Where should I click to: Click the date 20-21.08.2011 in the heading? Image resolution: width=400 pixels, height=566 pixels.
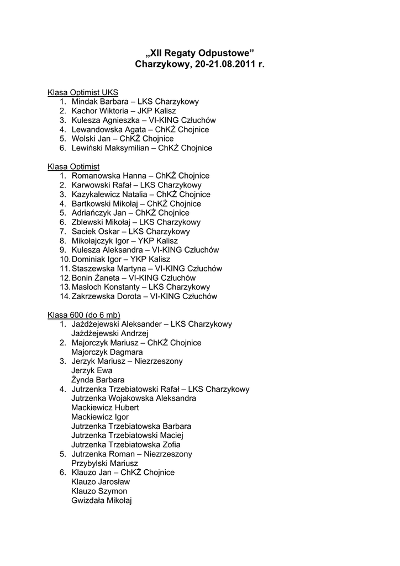tap(227, 65)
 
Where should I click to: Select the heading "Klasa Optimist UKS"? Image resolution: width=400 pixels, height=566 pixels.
tap(82, 92)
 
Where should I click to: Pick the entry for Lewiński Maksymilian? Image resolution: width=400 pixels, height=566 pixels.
tap(110, 148)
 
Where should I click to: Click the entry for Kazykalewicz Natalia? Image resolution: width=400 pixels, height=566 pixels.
tap(109, 195)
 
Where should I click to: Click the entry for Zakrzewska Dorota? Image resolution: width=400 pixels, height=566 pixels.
tap(104, 296)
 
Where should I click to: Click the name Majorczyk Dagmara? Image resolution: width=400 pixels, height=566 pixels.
tap(107, 352)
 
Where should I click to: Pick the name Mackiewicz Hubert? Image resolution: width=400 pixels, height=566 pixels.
tap(105, 407)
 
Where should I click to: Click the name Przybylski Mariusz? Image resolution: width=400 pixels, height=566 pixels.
tap(104, 463)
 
